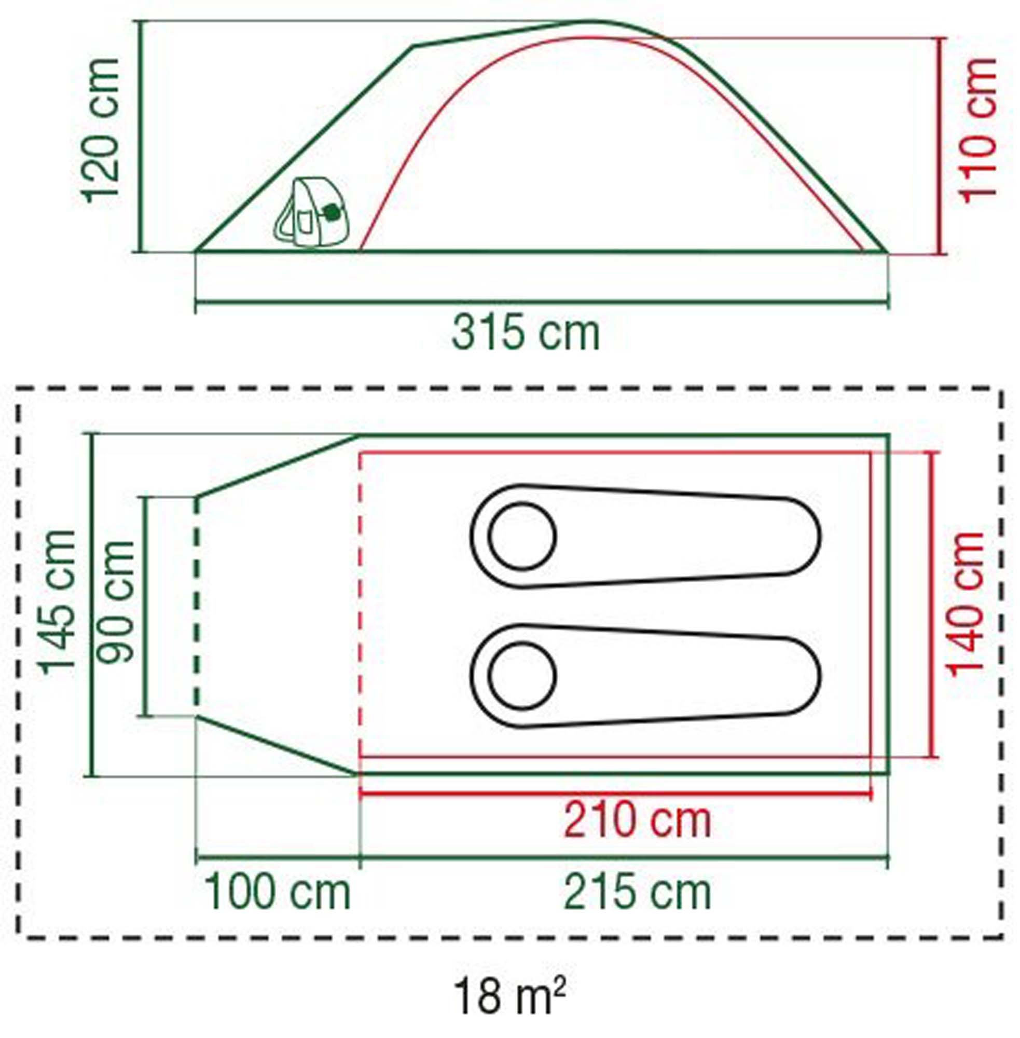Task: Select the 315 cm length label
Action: pos(526,333)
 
